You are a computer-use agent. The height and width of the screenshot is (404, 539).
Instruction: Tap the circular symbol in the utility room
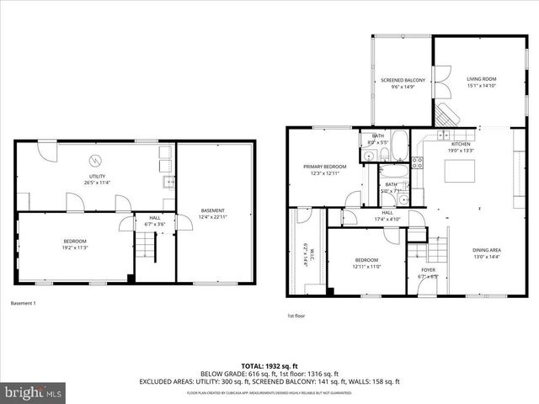[94, 162]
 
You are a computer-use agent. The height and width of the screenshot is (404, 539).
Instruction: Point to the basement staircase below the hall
[146, 246]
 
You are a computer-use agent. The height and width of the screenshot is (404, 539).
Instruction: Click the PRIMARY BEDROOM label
[325, 167]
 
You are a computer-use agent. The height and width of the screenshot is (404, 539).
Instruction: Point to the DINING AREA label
[486, 250]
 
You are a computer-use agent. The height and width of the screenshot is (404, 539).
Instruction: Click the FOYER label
[429, 270]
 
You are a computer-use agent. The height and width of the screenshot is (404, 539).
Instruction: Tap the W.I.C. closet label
[303, 252]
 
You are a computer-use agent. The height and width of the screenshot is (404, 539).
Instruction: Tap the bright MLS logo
[33, 392]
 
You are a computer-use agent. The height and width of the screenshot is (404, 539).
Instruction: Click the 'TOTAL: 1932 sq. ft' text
[269, 366]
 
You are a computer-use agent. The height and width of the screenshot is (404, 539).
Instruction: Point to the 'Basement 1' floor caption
[23, 303]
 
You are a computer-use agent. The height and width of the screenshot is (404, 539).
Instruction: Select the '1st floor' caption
[296, 316]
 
